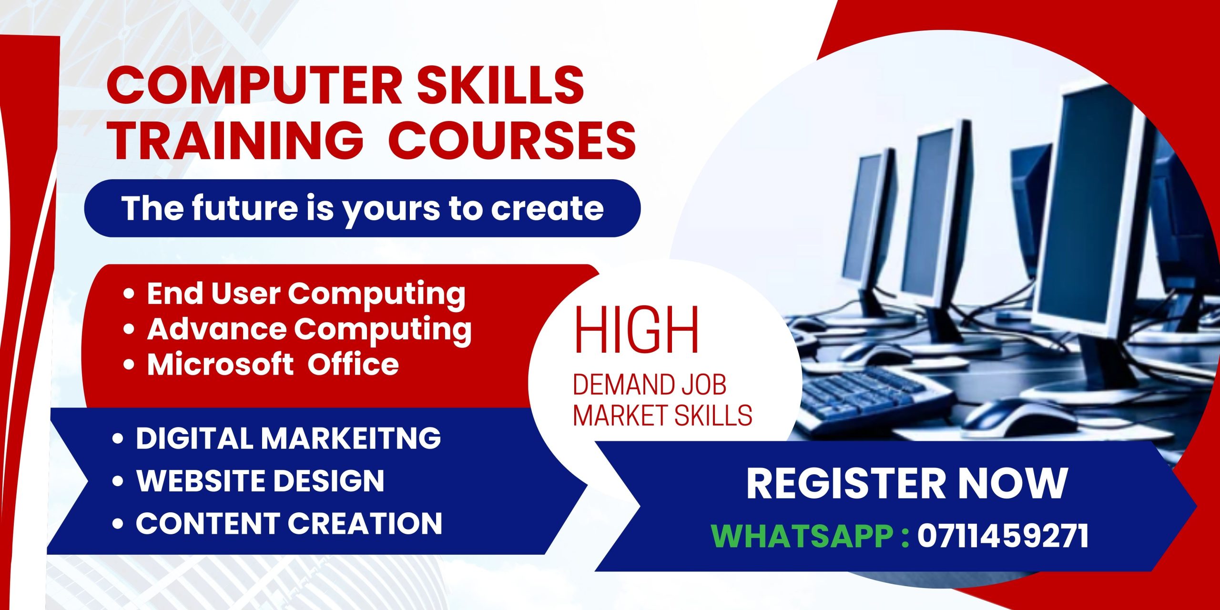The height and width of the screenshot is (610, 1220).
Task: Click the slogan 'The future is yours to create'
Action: coord(362,209)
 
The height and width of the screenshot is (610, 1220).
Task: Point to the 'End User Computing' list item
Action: coord(306,294)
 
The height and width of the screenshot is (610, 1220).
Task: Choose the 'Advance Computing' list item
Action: coord(309,330)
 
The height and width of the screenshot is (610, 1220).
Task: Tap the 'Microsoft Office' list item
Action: coord(273,365)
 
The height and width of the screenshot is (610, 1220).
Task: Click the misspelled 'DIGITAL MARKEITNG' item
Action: coord(288,438)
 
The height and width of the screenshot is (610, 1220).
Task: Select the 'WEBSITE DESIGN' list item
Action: coord(260,480)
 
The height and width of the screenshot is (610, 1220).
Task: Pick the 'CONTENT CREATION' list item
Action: coord(289,523)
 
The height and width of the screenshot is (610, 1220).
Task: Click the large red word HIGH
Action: coord(637,330)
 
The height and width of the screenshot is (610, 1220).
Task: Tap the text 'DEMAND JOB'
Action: coord(650,385)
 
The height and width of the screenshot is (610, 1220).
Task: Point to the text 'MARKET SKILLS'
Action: coord(662,415)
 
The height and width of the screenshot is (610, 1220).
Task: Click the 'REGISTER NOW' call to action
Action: coord(906,484)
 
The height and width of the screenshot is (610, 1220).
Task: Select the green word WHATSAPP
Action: coord(803,536)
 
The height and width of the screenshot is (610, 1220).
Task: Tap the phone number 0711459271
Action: coord(1003,536)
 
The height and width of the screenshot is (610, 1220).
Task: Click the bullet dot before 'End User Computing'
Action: coord(129,294)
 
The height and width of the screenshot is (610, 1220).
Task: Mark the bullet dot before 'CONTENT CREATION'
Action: coord(118,524)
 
